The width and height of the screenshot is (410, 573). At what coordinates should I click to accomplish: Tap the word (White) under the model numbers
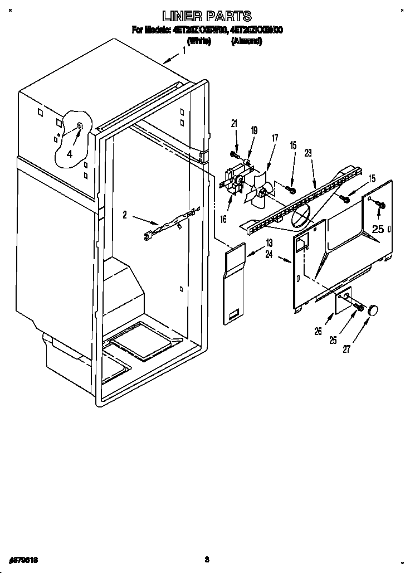[x=199, y=41]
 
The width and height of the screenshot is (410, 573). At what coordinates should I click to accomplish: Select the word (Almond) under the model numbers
[x=247, y=41]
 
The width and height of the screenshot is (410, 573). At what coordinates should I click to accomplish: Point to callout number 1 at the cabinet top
[x=184, y=51]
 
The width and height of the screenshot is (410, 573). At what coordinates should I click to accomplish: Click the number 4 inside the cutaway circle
[x=70, y=154]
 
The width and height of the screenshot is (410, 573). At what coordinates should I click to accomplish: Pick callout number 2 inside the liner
[x=125, y=214]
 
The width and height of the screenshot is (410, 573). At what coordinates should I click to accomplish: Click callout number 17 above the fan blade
[x=275, y=138]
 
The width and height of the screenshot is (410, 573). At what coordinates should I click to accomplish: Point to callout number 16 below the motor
[x=223, y=219]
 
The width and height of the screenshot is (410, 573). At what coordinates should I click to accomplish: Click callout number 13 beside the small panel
[x=269, y=242]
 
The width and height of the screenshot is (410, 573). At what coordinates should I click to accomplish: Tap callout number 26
[x=318, y=331]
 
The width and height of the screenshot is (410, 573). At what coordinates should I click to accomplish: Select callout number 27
[x=346, y=349]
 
